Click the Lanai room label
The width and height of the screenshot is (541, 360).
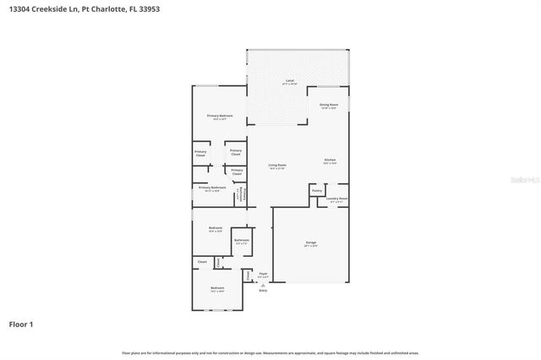[x=289, y=81]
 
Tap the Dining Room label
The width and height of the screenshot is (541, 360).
[x=328, y=105]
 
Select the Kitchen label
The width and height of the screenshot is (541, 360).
[x=331, y=160]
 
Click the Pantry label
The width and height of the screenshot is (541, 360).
[x=317, y=191]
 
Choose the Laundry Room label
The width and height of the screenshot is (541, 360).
[x=337, y=199]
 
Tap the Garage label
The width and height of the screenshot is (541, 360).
[x=311, y=243]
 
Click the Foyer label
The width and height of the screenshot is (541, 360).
[x=263, y=273]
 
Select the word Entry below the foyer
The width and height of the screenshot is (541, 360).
[x=263, y=291]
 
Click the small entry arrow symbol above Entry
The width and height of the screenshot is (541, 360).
[x=263, y=285]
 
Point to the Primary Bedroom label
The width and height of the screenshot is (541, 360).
[x=220, y=116]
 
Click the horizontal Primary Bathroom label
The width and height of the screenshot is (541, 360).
[x=212, y=188]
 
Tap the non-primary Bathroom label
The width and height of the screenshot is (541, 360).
[x=242, y=241]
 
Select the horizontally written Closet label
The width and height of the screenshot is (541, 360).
[x=202, y=262]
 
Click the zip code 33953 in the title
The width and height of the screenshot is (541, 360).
[x=148, y=8]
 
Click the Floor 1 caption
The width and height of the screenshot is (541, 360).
[x=20, y=324]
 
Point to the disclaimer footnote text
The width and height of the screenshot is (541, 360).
[x=270, y=352]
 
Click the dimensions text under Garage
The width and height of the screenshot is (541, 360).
[x=311, y=247]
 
